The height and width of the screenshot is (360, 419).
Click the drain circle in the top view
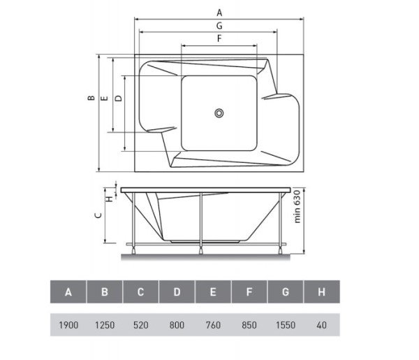pyautogui.click(x=219, y=113)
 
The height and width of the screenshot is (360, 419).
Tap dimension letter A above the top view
pyautogui.click(x=219, y=13)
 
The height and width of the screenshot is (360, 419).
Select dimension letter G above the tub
pyautogui.click(x=219, y=26)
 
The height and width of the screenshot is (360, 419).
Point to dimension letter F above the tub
pyautogui.click(x=219, y=38)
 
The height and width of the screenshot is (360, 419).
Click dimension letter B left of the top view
pyautogui.click(x=91, y=98)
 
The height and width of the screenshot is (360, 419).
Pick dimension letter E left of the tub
pyautogui.click(x=105, y=98)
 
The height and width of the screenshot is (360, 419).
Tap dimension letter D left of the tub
pyautogui.click(x=119, y=98)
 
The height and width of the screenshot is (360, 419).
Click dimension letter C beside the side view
pyautogui.click(x=98, y=215)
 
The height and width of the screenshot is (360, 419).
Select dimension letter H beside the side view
pyautogui.click(x=110, y=199)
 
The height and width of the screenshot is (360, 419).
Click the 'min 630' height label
pyautogui.click(x=297, y=206)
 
